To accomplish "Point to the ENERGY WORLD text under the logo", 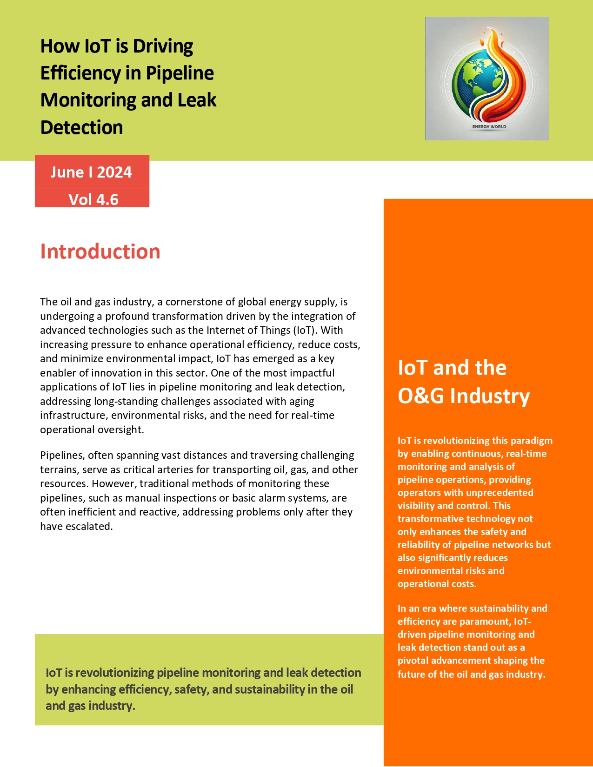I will (489, 126).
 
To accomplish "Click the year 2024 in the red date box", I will (114, 172).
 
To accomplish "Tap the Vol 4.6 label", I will (93, 199).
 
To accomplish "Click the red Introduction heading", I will (100, 251).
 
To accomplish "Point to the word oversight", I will (121, 430).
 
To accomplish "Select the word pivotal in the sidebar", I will (413, 661).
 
